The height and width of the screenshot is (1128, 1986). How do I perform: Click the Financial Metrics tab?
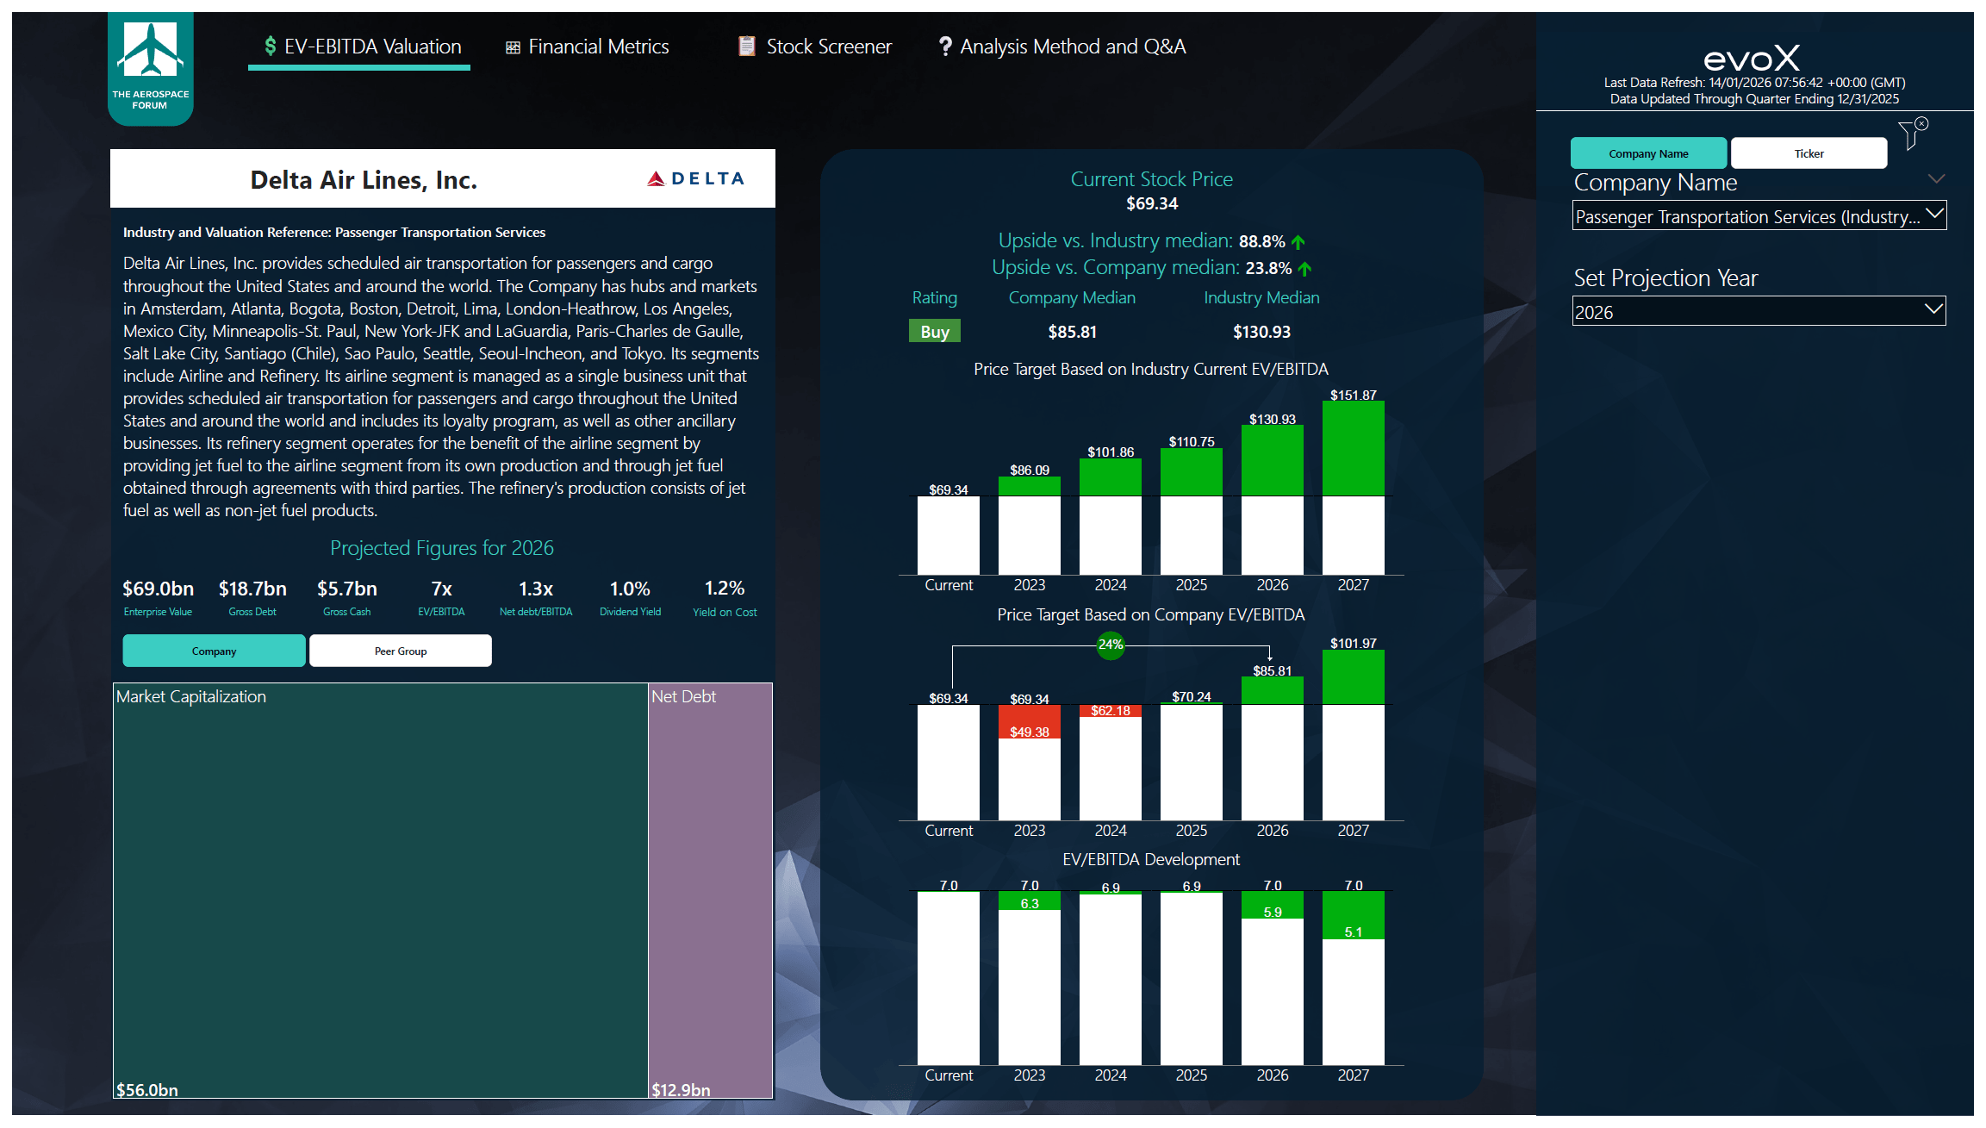click(x=588, y=47)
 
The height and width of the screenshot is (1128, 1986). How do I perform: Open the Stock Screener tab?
click(x=815, y=47)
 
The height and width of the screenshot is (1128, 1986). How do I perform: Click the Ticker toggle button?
click(x=1809, y=153)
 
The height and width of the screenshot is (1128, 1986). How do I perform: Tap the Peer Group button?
click(x=401, y=651)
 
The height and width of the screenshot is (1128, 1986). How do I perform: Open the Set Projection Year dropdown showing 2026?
click(x=1759, y=312)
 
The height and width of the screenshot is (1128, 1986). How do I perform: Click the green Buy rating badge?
click(x=934, y=332)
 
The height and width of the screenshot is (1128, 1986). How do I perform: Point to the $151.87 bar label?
click(x=1353, y=395)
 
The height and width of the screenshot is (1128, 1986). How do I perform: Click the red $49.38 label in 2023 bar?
click(x=1029, y=732)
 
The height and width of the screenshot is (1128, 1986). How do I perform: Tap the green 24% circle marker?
click(x=1110, y=644)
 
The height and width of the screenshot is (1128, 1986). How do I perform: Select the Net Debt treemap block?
click(x=710, y=888)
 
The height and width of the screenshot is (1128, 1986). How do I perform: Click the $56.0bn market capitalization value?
click(x=147, y=1089)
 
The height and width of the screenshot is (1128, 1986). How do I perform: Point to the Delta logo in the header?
click(x=696, y=178)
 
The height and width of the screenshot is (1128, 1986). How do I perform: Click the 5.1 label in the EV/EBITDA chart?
click(x=1353, y=932)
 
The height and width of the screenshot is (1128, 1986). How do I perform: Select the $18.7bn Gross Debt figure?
click(x=252, y=589)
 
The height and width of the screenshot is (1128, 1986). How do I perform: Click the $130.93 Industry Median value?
click(x=1261, y=332)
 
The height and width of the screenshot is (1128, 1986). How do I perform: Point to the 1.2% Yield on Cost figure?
click(x=724, y=589)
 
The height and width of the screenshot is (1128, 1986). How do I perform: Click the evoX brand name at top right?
click(x=1752, y=59)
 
